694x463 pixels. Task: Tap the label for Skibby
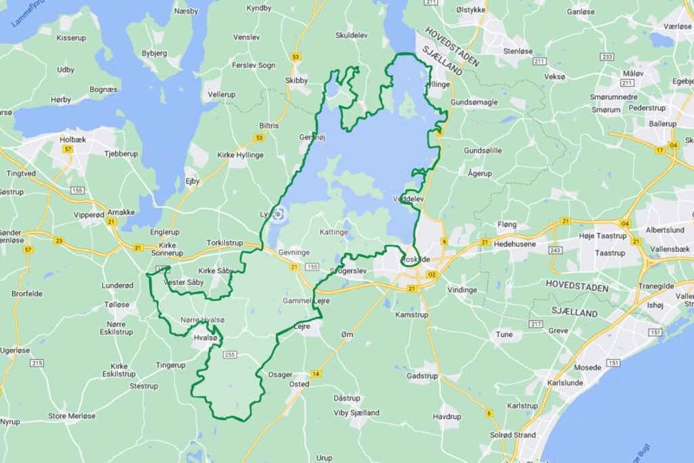296,80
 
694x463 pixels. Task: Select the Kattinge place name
333,232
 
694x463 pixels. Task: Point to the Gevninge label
295,252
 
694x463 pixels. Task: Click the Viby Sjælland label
356,412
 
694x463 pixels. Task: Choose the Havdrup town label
447,416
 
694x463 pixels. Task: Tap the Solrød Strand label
512,435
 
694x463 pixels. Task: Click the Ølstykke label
471,10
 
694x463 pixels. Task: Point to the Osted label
299,384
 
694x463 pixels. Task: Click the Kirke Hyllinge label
240,155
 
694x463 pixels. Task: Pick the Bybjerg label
155,52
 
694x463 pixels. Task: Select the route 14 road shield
316,374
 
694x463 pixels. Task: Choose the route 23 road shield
59,241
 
